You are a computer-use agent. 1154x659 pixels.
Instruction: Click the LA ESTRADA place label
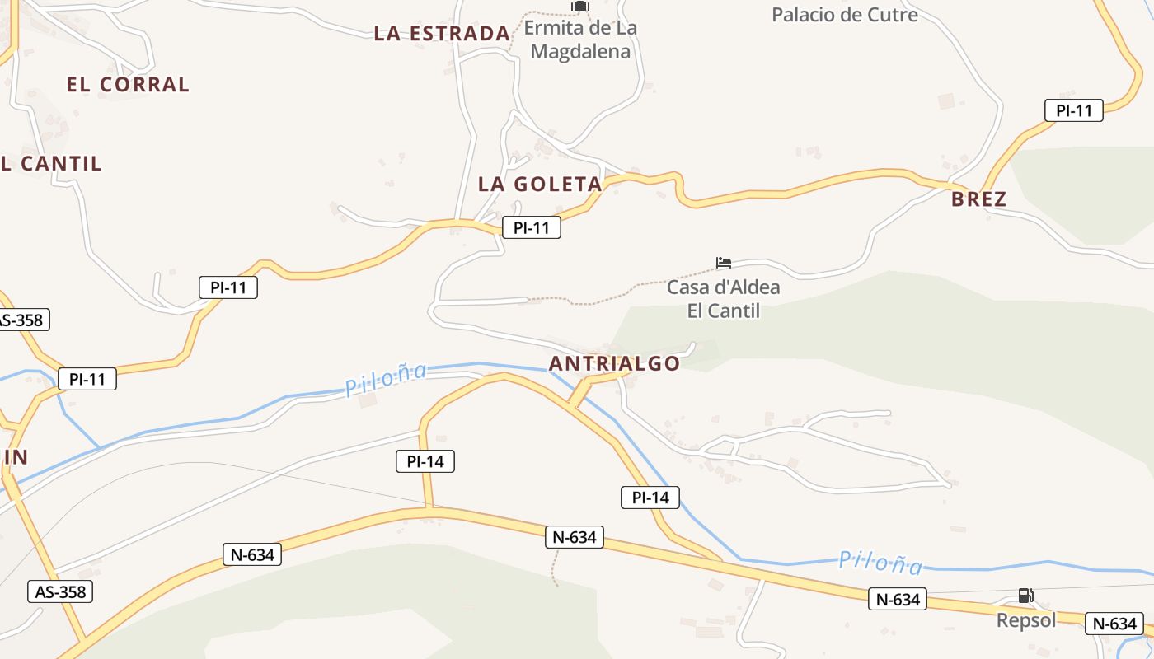click(x=442, y=34)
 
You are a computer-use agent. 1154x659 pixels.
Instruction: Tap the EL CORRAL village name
click(x=128, y=84)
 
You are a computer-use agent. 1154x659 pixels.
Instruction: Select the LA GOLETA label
click(x=540, y=185)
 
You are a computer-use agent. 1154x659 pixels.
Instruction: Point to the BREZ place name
click(x=978, y=199)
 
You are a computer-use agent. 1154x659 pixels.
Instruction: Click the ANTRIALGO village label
click(x=614, y=363)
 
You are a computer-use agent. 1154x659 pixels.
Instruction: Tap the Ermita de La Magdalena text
click(x=580, y=40)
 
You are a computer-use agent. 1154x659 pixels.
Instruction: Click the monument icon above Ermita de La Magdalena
click(x=580, y=7)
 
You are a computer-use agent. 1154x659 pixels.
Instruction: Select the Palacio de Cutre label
click(x=844, y=15)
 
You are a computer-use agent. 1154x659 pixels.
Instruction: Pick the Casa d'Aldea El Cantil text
click(x=723, y=299)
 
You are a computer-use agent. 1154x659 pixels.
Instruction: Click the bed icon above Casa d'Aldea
click(x=724, y=264)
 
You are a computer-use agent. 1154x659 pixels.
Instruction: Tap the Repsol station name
click(x=1025, y=620)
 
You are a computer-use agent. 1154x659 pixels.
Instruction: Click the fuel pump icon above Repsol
click(x=1025, y=595)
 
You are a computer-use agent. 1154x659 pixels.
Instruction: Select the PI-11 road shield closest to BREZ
click(x=1073, y=110)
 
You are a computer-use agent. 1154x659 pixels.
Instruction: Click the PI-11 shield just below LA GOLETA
click(x=531, y=227)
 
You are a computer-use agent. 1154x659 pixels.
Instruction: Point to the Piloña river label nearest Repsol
click(x=880, y=563)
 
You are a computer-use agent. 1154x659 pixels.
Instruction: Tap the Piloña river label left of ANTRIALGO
click(x=386, y=379)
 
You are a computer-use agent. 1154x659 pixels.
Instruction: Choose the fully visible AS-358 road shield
click(x=60, y=591)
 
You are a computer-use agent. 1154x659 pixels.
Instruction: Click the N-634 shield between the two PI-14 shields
click(x=575, y=537)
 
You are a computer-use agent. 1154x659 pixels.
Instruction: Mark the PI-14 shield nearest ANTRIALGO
click(x=650, y=497)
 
